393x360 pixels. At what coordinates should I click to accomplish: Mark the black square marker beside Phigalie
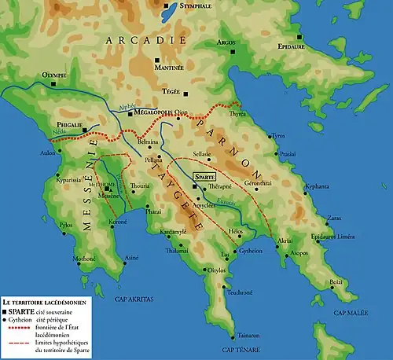pyautogui.click(x=96, y=130)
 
